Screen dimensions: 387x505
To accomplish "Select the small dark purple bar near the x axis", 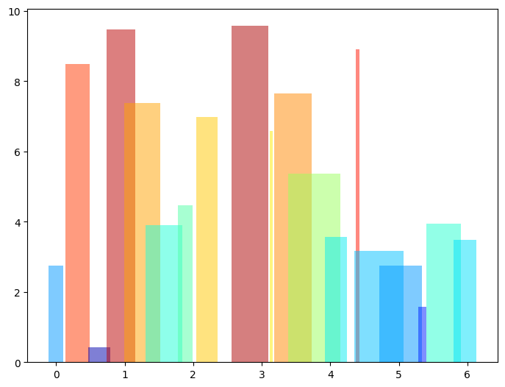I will click(x=99, y=355).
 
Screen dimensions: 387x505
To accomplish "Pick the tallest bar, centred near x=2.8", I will click(x=250, y=194).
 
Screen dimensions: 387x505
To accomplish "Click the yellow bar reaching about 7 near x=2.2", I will click(x=207, y=239).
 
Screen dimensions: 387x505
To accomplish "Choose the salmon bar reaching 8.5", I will click(x=77, y=213).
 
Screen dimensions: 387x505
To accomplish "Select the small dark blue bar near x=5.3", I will click(x=422, y=335).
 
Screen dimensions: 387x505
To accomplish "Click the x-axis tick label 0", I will click(x=56, y=374).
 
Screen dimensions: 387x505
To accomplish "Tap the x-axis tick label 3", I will click(x=262, y=374).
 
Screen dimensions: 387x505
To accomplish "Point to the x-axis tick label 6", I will click(x=467, y=374).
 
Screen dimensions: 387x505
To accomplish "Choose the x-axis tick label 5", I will click(x=398, y=374).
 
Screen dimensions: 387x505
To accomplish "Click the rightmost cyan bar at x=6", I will click(x=465, y=301).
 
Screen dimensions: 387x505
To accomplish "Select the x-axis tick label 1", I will click(x=124, y=374).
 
